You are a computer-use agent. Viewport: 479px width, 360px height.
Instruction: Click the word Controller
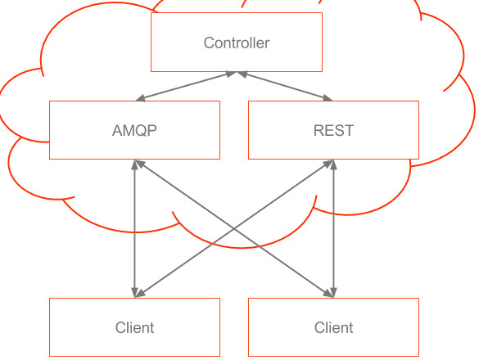[x=237, y=43]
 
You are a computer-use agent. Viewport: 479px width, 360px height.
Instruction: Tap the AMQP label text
[x=134, y=131]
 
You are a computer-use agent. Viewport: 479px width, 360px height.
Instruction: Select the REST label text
[x=333, y=130]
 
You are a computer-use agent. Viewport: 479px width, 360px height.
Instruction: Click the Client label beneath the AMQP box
[x=135, y=327]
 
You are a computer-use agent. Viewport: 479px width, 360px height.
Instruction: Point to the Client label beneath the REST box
[x=333, y=327]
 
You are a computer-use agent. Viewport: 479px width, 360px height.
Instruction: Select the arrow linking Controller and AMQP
[x=186, y=86]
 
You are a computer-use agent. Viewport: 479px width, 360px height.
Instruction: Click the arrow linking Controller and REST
[x=285, y=86]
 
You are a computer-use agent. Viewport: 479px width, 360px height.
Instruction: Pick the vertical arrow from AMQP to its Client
[x=134, y=228]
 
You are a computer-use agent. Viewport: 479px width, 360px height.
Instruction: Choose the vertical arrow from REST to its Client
[x=333, y=228]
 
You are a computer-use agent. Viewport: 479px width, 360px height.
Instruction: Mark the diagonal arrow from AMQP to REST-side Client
[x=234, y=228]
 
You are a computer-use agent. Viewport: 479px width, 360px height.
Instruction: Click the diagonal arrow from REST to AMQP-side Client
[x=234, y=228]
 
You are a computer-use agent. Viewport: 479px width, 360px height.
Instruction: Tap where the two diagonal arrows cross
[x=234, y=228]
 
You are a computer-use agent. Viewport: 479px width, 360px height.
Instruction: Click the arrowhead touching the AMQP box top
[x=141, y=98]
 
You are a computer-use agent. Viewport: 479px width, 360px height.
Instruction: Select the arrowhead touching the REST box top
[x=328, y=98]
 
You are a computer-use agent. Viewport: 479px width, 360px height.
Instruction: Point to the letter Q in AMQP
[x=142, y=131]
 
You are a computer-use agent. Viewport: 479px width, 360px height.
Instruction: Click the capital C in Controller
[x=209, y=43]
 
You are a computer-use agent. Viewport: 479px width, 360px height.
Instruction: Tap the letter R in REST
[x=319, y=130]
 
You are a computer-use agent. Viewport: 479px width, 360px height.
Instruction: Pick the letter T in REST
[x=349, y=130]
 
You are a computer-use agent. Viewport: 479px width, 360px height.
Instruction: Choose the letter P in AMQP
[x=152, y=130]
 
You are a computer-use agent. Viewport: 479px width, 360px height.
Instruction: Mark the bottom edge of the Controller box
[x=237, y=71]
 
